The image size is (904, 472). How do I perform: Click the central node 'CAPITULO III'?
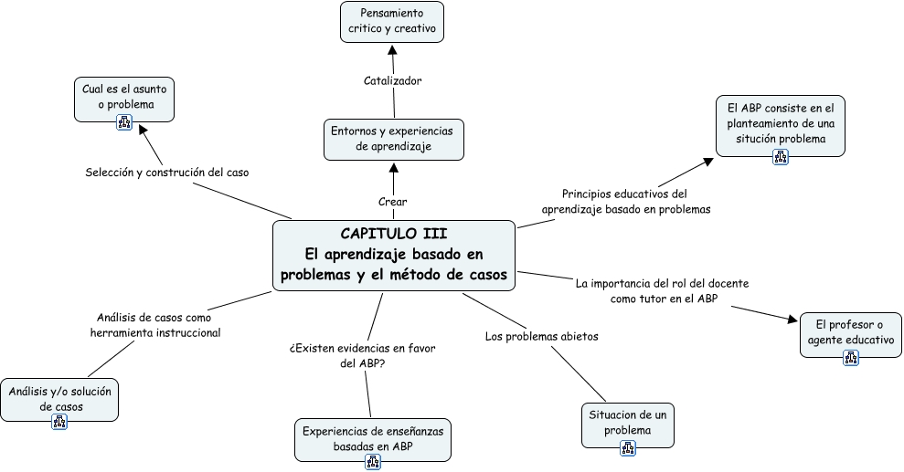[394, 256]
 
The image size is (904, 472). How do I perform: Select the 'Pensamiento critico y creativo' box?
[391, 21]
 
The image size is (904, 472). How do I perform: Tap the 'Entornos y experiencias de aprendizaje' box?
[394, 139]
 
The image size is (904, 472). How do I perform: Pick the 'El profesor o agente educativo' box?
[851, 333]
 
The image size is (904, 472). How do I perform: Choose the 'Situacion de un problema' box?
[627, 423]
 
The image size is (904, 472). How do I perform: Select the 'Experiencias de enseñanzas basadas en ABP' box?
[373, 438]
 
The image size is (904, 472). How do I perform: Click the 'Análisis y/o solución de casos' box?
[59, 399]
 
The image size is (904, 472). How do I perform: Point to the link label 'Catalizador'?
[392, 80]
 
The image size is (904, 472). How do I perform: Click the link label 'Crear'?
[393, 202]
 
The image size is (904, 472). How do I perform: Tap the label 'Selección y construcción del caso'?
[167, 172]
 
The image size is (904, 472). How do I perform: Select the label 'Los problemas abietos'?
[541, 336]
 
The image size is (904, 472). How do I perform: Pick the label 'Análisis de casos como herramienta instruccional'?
[155, 325]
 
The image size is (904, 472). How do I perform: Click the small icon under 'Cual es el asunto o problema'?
[124, 122]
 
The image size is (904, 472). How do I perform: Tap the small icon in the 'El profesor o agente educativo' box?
[851, 359]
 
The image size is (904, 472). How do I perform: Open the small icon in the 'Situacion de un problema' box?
[627, 447]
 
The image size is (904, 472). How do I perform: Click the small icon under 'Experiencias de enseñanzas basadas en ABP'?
[373, 462]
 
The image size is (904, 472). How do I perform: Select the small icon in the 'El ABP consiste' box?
[781, 156]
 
